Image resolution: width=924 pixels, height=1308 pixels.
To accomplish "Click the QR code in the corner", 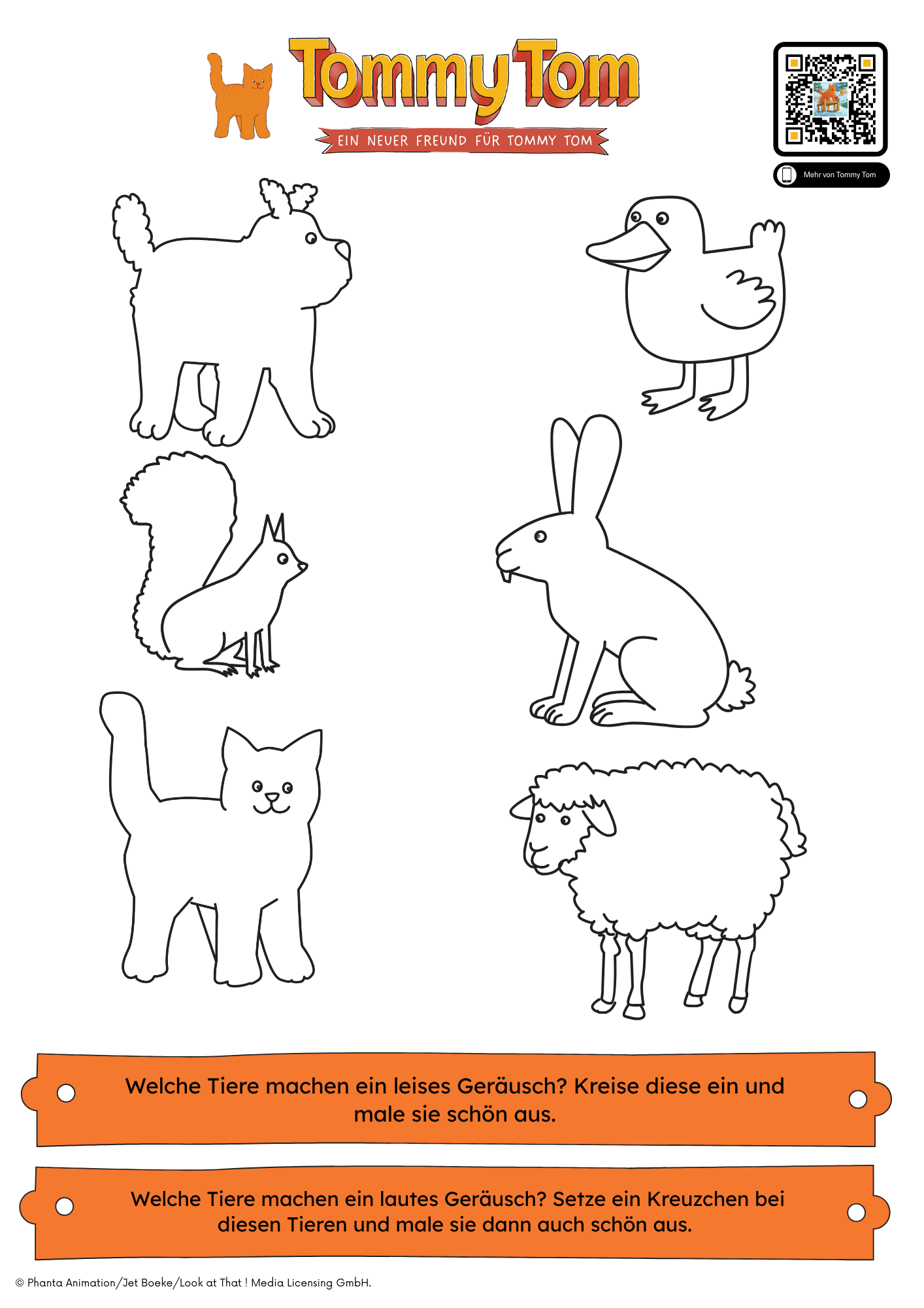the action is click(830, 99).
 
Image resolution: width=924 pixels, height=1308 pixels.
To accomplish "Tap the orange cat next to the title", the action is click(240, 97).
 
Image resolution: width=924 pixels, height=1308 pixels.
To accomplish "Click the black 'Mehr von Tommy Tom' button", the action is click(831, 175).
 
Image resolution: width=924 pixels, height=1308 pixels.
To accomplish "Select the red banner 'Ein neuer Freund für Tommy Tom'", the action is click(462, 141).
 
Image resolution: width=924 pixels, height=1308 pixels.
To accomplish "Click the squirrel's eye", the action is click(282, 559).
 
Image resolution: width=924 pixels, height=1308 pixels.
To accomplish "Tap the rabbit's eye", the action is click(540, 537).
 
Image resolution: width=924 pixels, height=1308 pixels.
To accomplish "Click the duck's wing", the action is click(742, 301).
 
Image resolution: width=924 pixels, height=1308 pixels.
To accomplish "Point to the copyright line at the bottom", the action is click(193, 1283).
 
